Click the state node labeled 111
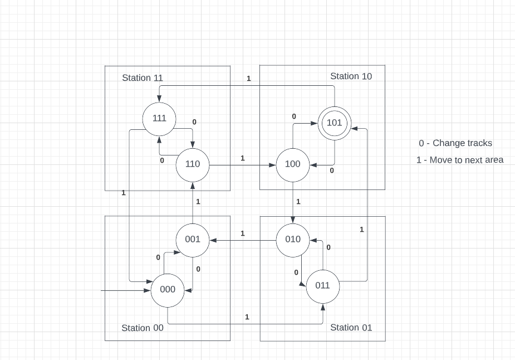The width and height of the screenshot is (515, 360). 159,118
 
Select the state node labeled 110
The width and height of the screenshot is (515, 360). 192,164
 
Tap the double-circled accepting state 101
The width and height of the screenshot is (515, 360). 334,123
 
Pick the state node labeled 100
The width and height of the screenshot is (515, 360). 292,164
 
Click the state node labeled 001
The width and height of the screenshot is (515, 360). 193,239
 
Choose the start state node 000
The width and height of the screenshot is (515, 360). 168,290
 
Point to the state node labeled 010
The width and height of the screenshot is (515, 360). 293,240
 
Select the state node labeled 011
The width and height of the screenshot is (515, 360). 322,285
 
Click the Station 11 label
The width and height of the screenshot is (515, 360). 143,78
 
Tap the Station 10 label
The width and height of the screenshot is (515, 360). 351,76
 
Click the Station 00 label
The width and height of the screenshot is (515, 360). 143,328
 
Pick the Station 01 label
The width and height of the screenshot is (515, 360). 351,327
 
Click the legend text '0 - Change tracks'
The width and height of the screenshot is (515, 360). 455,143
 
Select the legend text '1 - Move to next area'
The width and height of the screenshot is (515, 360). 459,160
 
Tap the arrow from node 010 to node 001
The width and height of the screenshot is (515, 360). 243,240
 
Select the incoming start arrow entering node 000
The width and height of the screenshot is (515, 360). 126,290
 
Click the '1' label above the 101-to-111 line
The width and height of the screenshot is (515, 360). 249,79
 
